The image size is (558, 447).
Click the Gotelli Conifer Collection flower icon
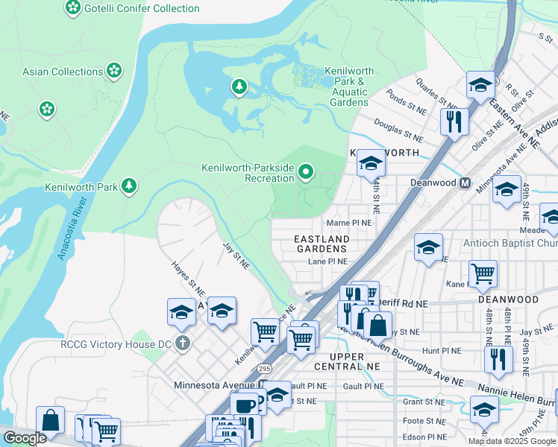(73, 8)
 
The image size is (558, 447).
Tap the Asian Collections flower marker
(114, 71)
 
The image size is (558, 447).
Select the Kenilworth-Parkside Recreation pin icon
(306, 173)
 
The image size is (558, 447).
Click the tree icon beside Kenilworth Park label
(130, 186)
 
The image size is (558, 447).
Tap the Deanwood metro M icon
(465, 183)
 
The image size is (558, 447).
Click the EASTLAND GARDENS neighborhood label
(321, 244)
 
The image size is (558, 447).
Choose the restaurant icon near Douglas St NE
(454, 120)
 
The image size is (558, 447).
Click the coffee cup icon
(244, 405)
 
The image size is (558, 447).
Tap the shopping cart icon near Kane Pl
(483, 274)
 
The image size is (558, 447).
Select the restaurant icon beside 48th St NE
(498, 359)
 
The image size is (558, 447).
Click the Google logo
(25, 439)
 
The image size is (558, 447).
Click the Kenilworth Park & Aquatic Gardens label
(349, 86)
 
